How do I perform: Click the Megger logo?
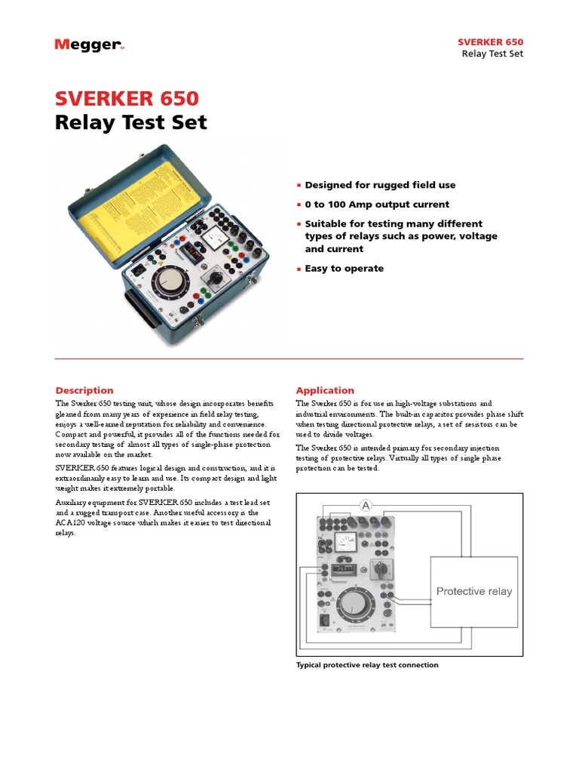[x=89, y=45]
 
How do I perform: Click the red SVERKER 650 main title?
[x=127, y=98]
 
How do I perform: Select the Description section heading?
[x=84, y=390]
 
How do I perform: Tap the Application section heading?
[x=325, y=390]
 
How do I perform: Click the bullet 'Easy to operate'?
[x=344, y=268]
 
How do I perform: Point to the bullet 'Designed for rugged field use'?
[x=380, y=185]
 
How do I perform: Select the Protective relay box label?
[x=473, y=591]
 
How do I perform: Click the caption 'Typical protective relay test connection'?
[x=367, y=665]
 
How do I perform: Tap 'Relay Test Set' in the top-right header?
[x=492, y=54]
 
